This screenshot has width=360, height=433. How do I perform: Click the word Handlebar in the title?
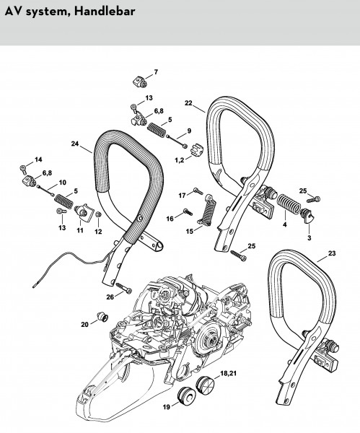tap(105, 12)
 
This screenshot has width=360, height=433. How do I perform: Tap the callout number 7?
tap(156, 71)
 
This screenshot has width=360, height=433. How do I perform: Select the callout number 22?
tap(188, 103)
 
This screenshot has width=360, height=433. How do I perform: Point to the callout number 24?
tap(75, 144)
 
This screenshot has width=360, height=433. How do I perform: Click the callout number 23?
tap(332, 253)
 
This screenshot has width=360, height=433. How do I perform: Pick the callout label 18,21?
tap(228, 374)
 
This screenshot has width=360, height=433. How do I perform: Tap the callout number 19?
tap(166, 407)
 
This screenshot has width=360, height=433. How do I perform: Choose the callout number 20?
tap(84, 325)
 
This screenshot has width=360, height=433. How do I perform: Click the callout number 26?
tap(110, 297)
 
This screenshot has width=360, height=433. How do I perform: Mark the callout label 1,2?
tap(180, 160)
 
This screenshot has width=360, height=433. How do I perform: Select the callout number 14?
tap(38, 159)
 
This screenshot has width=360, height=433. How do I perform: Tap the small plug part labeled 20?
tap(102, 317)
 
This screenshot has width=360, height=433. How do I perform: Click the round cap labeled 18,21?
tap(206, 385)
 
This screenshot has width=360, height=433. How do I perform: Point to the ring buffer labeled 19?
tap(186, 395)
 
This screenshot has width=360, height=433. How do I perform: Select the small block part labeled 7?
tap(139, 82)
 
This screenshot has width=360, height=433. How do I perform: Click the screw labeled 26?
tap(124, 288)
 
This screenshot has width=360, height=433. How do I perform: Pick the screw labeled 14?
tap(23, 169)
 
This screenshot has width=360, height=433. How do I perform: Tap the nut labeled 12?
tap(97, 214)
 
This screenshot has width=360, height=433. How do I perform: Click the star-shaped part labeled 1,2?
tap(196, 149)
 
